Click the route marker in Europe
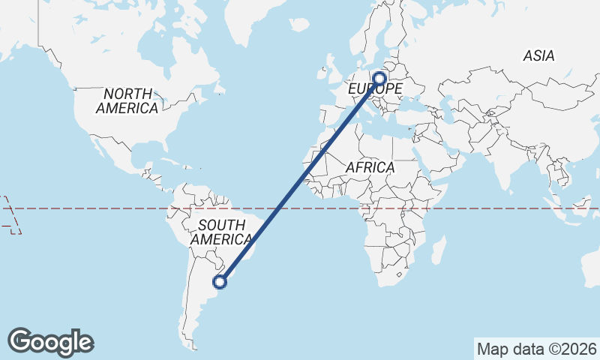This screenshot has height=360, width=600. click(x=379, y=77)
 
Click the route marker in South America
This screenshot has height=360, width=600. click(x=220, y=282)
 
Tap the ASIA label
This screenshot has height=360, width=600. click(x=538, y=56)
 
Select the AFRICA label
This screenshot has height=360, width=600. click(x=370, y=168)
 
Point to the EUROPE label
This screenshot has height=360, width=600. click(x=376, y=89)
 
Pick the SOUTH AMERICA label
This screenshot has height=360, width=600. click(x=221, y=232)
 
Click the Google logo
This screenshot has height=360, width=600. click(x=50, y=342)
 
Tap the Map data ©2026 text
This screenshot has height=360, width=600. click(x=536, y=349)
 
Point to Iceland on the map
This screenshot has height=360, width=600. click(x=298, y=25)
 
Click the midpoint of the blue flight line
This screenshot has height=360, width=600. click(x=300, y=180)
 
